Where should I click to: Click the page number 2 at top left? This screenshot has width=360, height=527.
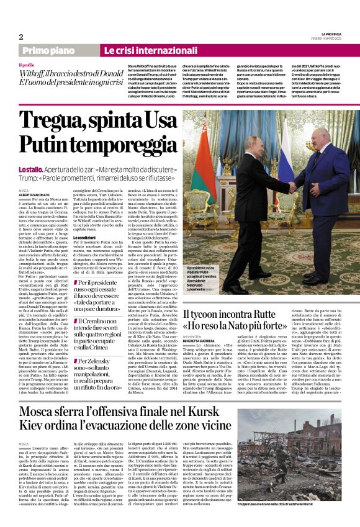(20, 37)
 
